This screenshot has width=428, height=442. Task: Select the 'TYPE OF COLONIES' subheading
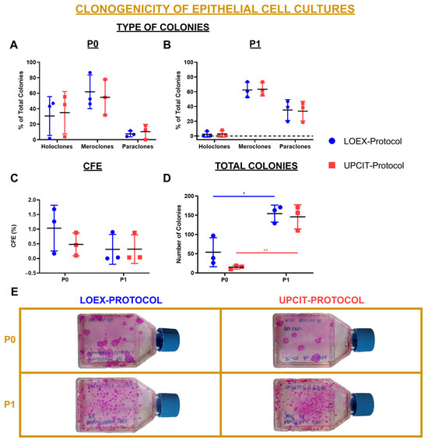pyautogui.click(x=163, y=28)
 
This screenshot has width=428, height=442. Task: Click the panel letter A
pyautogui.click(x=13, y=46)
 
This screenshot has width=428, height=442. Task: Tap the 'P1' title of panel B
pyautogui.click(x=254, y=47)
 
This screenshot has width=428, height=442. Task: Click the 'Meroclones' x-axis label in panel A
pyautogui.click(x=99, y=146)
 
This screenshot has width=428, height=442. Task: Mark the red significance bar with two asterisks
pyautogui.click(x=267, y=253)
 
